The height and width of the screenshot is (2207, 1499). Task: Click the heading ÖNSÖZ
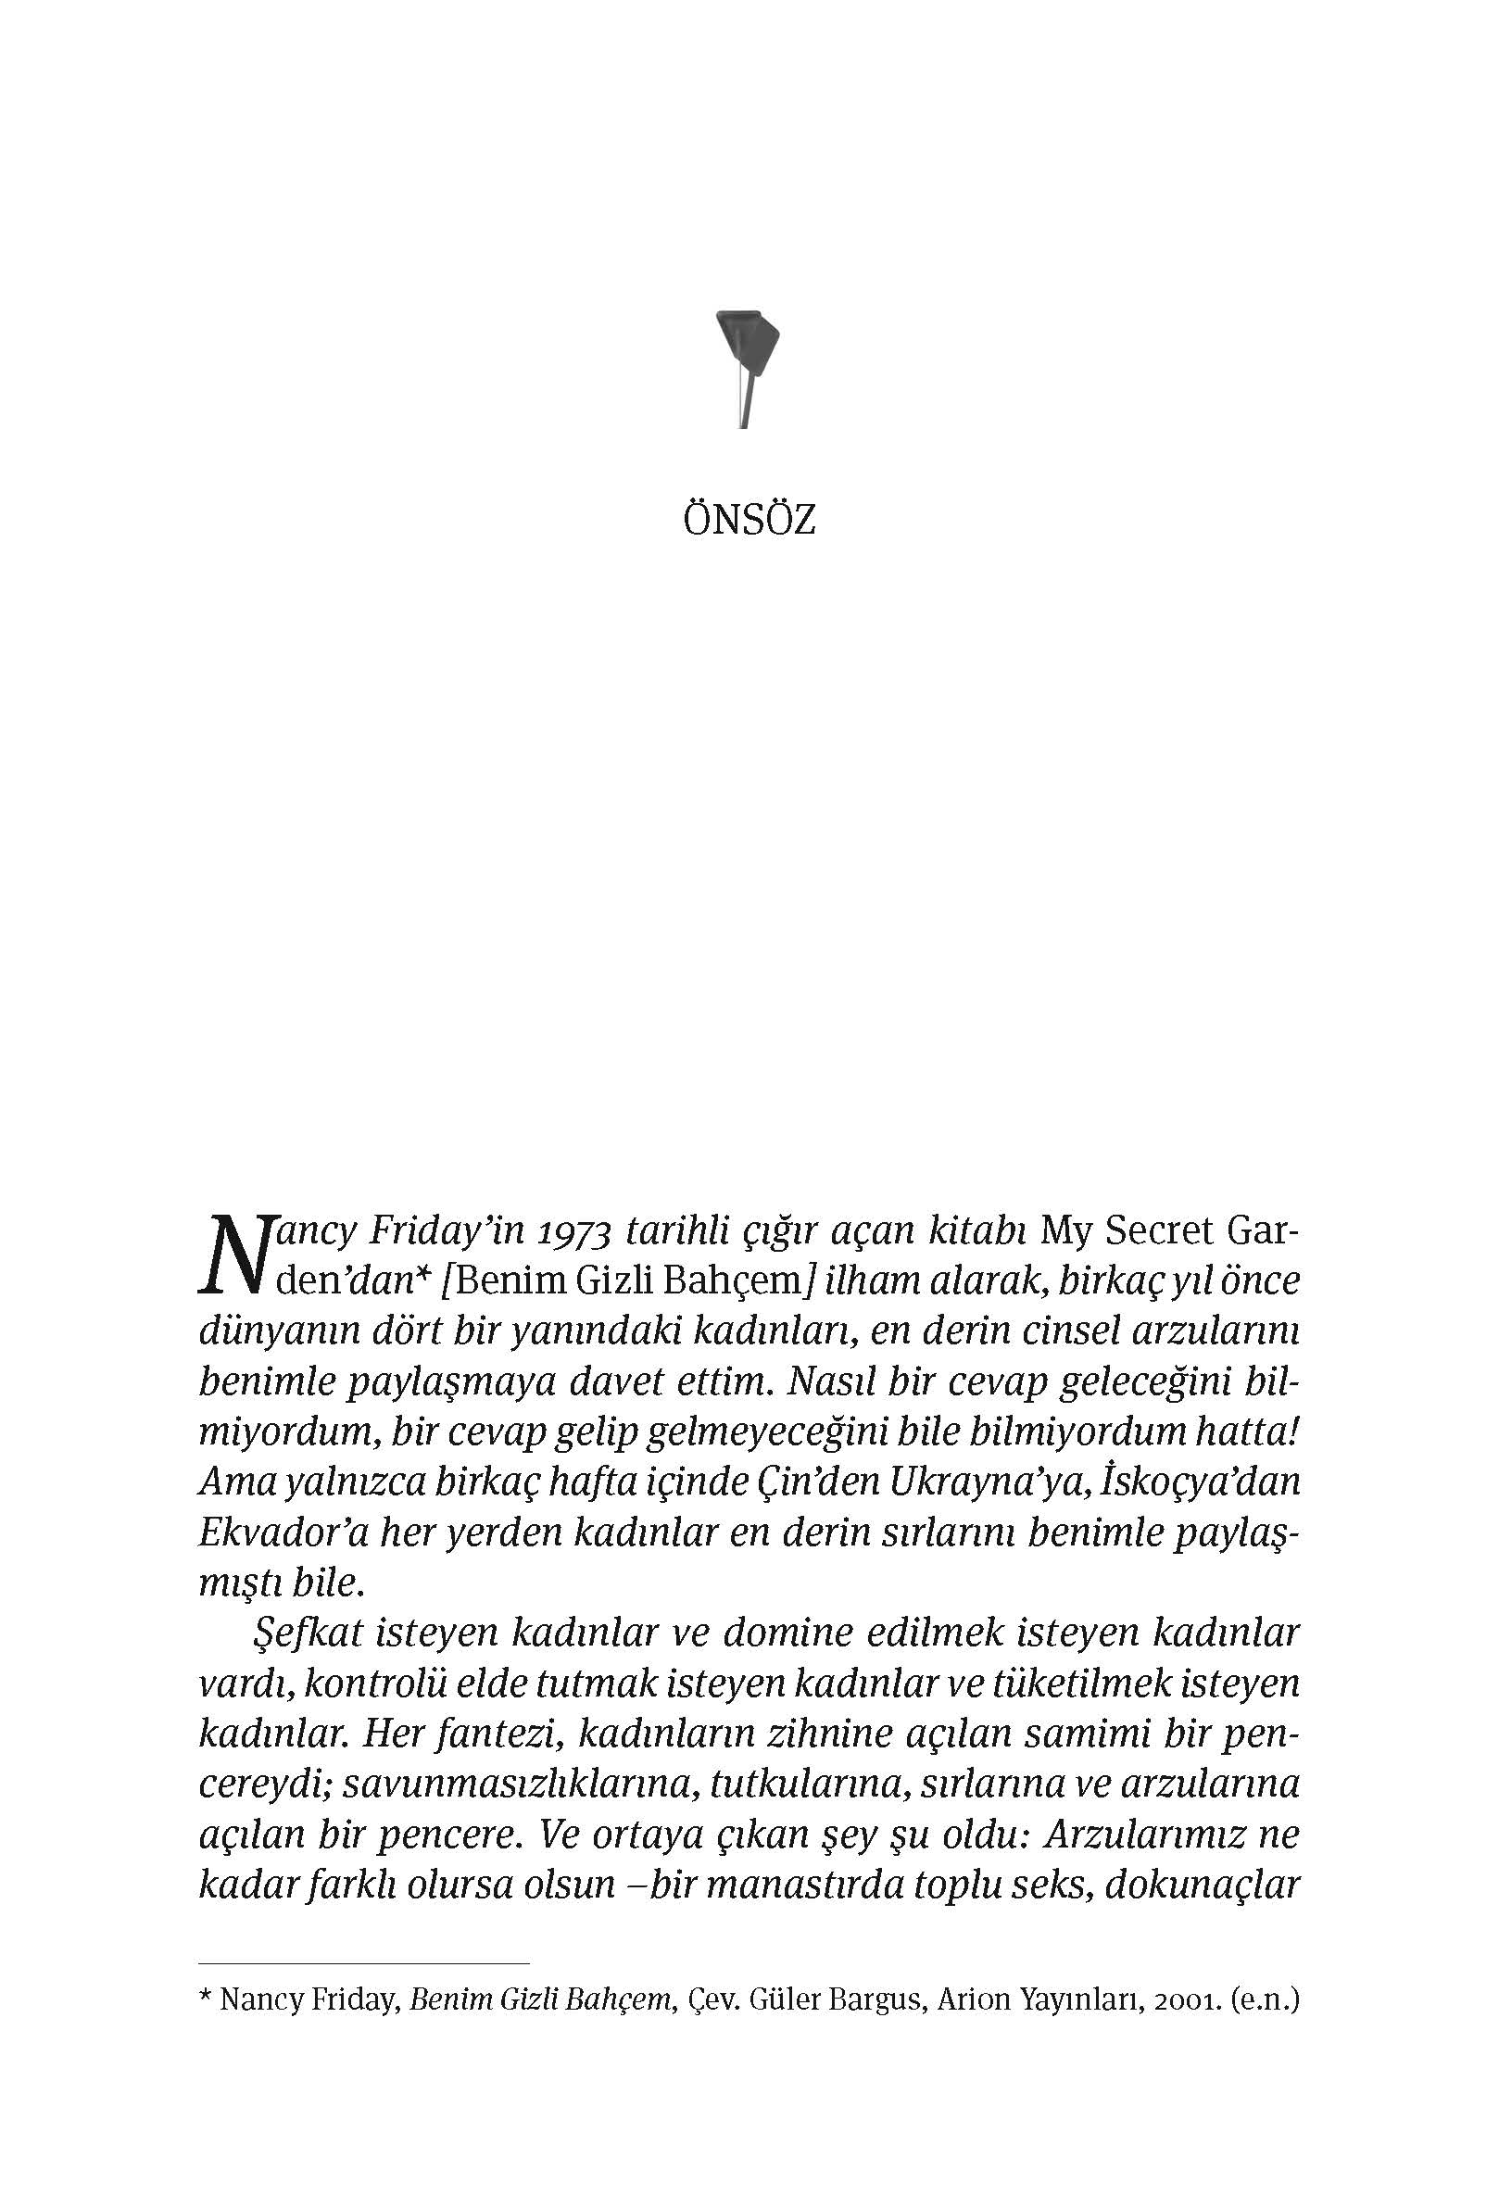749,522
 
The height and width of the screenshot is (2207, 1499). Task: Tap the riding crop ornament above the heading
747,366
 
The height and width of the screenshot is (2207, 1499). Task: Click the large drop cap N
233,1255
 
